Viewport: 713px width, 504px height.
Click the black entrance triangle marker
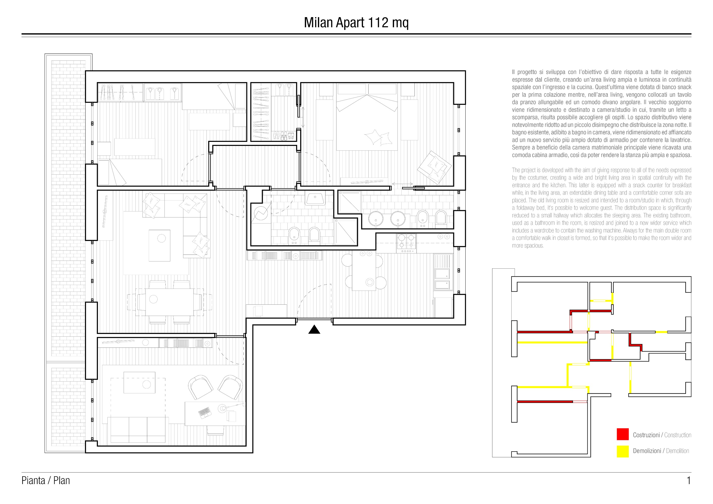[x=314, y=330]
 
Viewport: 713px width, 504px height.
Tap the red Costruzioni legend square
[x=623, y=434]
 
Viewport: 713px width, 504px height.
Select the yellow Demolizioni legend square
[x=623, y=452]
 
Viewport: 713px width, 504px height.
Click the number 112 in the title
[x=378, y=22]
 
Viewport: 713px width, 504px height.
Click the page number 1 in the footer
[x=689, y=480]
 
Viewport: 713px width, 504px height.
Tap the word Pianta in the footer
[x=33, y=480]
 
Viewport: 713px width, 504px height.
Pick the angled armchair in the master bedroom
[x=434, y=167]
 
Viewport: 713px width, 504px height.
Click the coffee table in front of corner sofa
[x=159, y=245]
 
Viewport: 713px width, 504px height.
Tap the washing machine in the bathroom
[x=261, y=213]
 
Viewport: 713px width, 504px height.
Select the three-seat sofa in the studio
[x=138, y=429]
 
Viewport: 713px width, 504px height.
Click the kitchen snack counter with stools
[x=364, y=271]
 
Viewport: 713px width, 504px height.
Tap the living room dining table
[x=170, y=302]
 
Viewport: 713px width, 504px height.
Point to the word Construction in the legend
[x=678, y=435]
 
